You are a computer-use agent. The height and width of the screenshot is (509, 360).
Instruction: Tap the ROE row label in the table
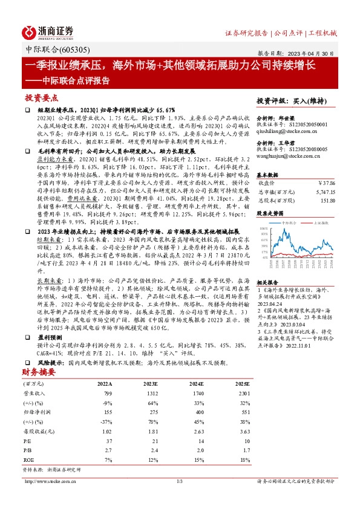click(28, 459)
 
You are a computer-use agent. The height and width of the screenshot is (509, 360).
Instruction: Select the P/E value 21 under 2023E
click(155, 442)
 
